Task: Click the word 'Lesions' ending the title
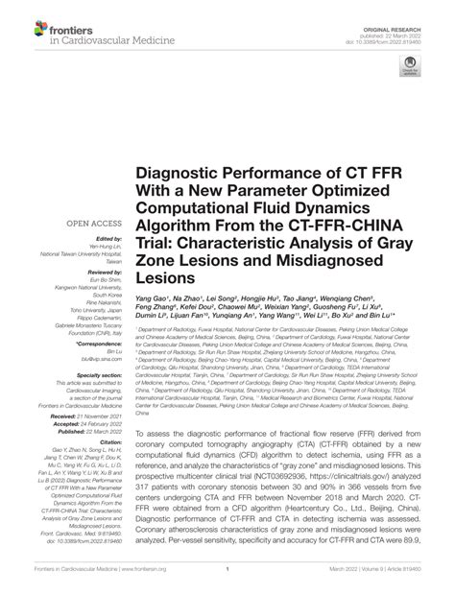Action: (169, 276)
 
